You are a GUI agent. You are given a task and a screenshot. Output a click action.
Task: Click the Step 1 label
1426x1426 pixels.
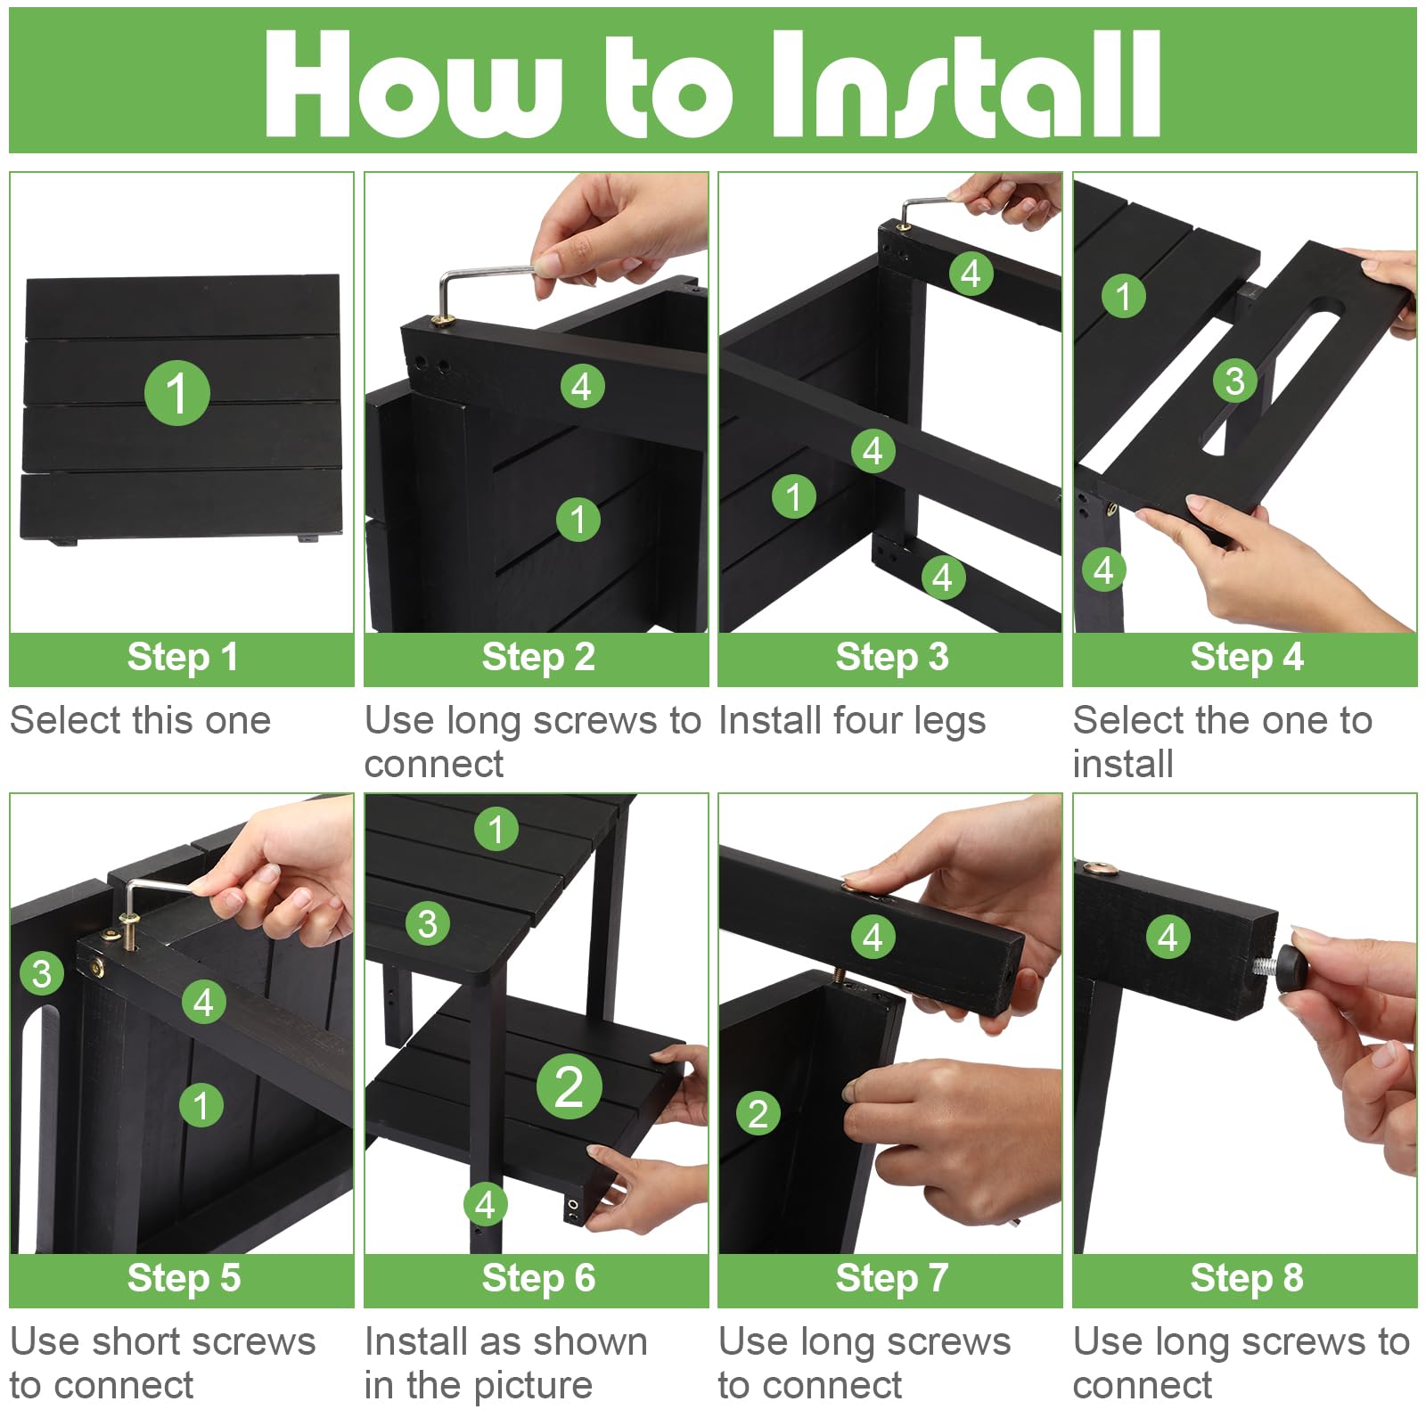[x=182, y=658]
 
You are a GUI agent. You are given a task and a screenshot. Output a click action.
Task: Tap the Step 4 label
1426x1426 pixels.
[x=1246, y=658]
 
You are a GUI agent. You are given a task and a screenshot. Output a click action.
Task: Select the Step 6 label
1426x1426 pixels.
[x=537, y=1278]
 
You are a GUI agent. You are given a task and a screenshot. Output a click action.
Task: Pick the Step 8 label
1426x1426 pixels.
[x=1246, y=1278]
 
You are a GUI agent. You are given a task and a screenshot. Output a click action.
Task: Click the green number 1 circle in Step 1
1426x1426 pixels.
[x=177, y=393]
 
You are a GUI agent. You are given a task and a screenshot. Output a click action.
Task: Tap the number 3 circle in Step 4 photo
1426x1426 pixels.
[x=1234, y=381]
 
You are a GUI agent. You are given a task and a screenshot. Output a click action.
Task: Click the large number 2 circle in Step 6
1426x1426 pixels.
[x=570, y=1087]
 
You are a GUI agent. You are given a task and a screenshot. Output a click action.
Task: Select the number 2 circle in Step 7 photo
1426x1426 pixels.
[x=758, y=1113]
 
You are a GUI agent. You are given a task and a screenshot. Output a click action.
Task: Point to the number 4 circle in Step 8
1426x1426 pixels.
[x=1168, y=937]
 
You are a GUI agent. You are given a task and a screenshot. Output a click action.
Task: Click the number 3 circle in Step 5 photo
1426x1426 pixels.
[x=42, y=973]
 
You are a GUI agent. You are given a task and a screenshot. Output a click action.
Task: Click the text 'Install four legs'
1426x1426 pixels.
[x=852, y=721]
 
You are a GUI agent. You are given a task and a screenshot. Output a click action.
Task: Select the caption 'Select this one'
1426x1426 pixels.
[x=140, y=720]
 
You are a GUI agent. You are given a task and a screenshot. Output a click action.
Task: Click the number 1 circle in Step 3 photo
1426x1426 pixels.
[x=793, y=496]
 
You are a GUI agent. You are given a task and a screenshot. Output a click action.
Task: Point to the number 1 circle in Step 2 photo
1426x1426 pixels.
[x=578, y=519]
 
